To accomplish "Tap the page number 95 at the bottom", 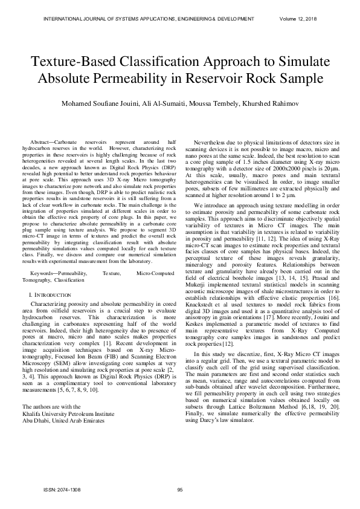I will click(179, 490).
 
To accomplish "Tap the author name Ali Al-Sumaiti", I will click(164, 103).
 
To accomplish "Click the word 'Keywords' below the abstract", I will click(43, 273).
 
